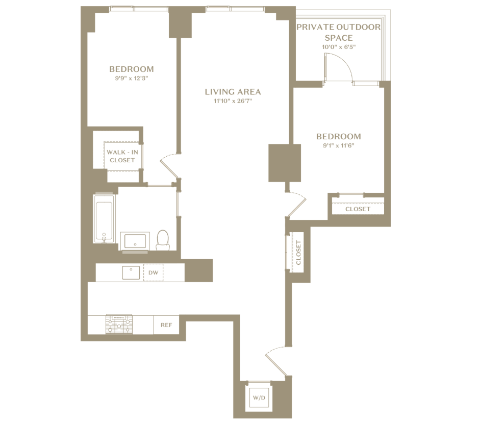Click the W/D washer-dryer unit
(259, 398)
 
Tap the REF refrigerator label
(166, 325)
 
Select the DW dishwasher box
(154, 272)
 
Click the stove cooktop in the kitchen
(119, 325)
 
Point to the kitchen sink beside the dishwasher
(131, 272)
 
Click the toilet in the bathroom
(163, 240)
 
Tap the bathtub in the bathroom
(105, 218)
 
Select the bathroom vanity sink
(135, 241)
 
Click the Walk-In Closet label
(122, 156)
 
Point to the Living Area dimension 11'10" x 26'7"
(233, 101)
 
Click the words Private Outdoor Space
(339, 32)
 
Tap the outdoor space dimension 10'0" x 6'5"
(339, 47)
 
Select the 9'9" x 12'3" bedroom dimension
(132, 79)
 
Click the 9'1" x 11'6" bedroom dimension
(339, 146)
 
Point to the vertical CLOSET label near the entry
(298, 253)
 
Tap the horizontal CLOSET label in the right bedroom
(358, 209)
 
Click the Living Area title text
(233, 92)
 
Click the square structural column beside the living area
(285, 163)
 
